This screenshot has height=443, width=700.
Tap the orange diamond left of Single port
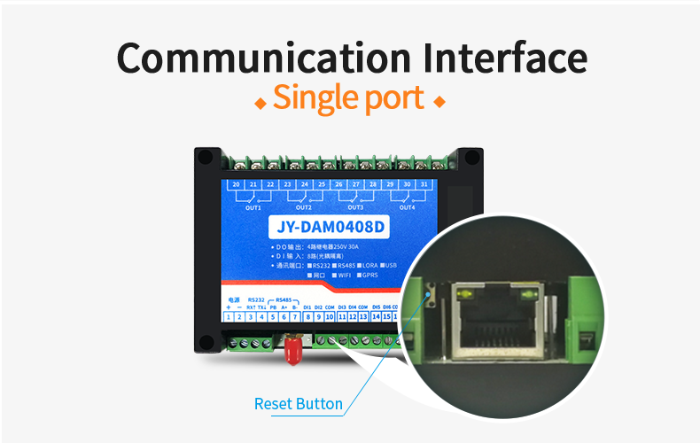pos(261,103)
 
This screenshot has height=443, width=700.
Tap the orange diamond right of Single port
pos(439,103)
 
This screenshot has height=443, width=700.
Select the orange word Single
pos(313,97)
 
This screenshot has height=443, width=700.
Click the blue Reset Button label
pos(298,404)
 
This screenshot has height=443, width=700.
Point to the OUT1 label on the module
pos(253,206)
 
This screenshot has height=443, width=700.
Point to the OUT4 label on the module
pos(406,206)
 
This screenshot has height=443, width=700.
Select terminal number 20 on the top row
pos(237,184)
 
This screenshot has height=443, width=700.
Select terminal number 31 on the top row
pos(424,184)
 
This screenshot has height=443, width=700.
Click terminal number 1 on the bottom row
pos(229,316)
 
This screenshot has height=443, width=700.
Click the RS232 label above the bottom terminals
pos(256,299)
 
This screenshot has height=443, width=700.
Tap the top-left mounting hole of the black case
pos(206,157)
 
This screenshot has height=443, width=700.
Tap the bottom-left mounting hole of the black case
pos(206,342)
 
